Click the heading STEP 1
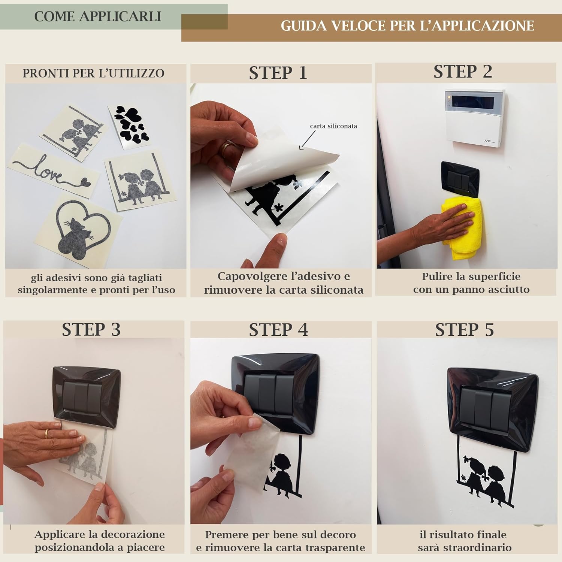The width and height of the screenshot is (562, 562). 278,73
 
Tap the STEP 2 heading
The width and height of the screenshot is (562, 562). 463,72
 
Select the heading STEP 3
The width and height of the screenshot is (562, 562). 91,330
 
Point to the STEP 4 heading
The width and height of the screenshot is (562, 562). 278,330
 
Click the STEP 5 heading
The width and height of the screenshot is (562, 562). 465,330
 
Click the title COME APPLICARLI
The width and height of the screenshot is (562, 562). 98,16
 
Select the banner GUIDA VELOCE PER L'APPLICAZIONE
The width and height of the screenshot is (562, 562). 407,26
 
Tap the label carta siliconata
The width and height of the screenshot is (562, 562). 333,126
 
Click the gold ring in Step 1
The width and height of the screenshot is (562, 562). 224,149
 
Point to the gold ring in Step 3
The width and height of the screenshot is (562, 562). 47,433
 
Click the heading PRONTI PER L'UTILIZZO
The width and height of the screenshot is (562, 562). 93,73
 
